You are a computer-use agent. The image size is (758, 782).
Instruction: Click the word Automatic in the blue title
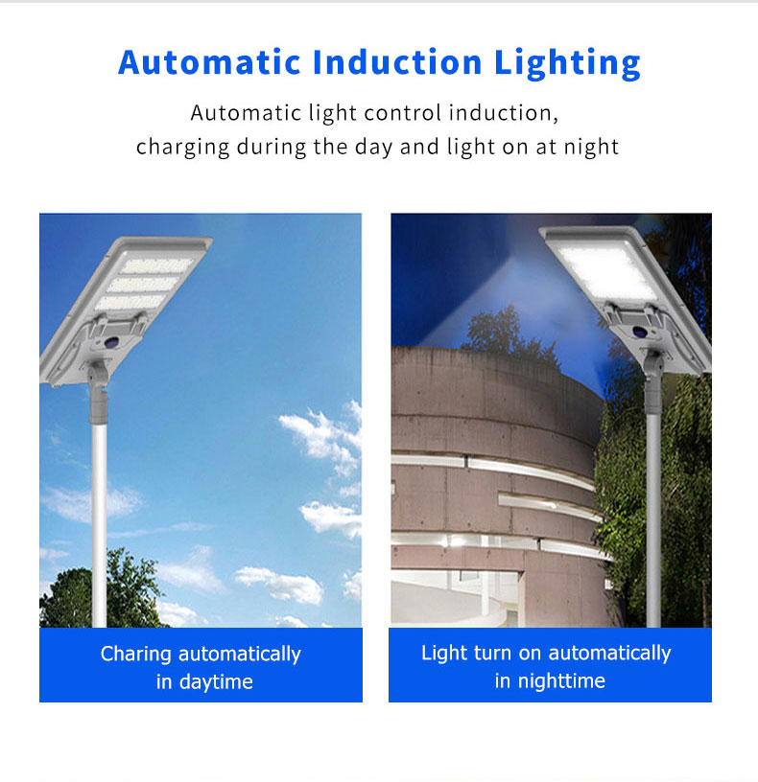coord(210,62)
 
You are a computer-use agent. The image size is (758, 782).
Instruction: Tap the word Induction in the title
coord(397,62)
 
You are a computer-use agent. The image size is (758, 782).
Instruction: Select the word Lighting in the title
coord(567,64)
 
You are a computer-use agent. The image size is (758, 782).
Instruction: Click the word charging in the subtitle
coord(182,149)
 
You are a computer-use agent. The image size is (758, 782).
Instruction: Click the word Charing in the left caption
coord(136,655)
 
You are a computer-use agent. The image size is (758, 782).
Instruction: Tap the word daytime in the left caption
coord(216,681)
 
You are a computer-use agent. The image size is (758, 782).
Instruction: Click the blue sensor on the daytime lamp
coord(112,343)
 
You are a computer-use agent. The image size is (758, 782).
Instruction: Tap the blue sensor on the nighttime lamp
coord(639,332)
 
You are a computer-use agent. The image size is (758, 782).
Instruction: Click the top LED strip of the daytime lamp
coord(156,265)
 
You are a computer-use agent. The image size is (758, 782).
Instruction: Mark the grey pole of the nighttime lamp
coord(653,518)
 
